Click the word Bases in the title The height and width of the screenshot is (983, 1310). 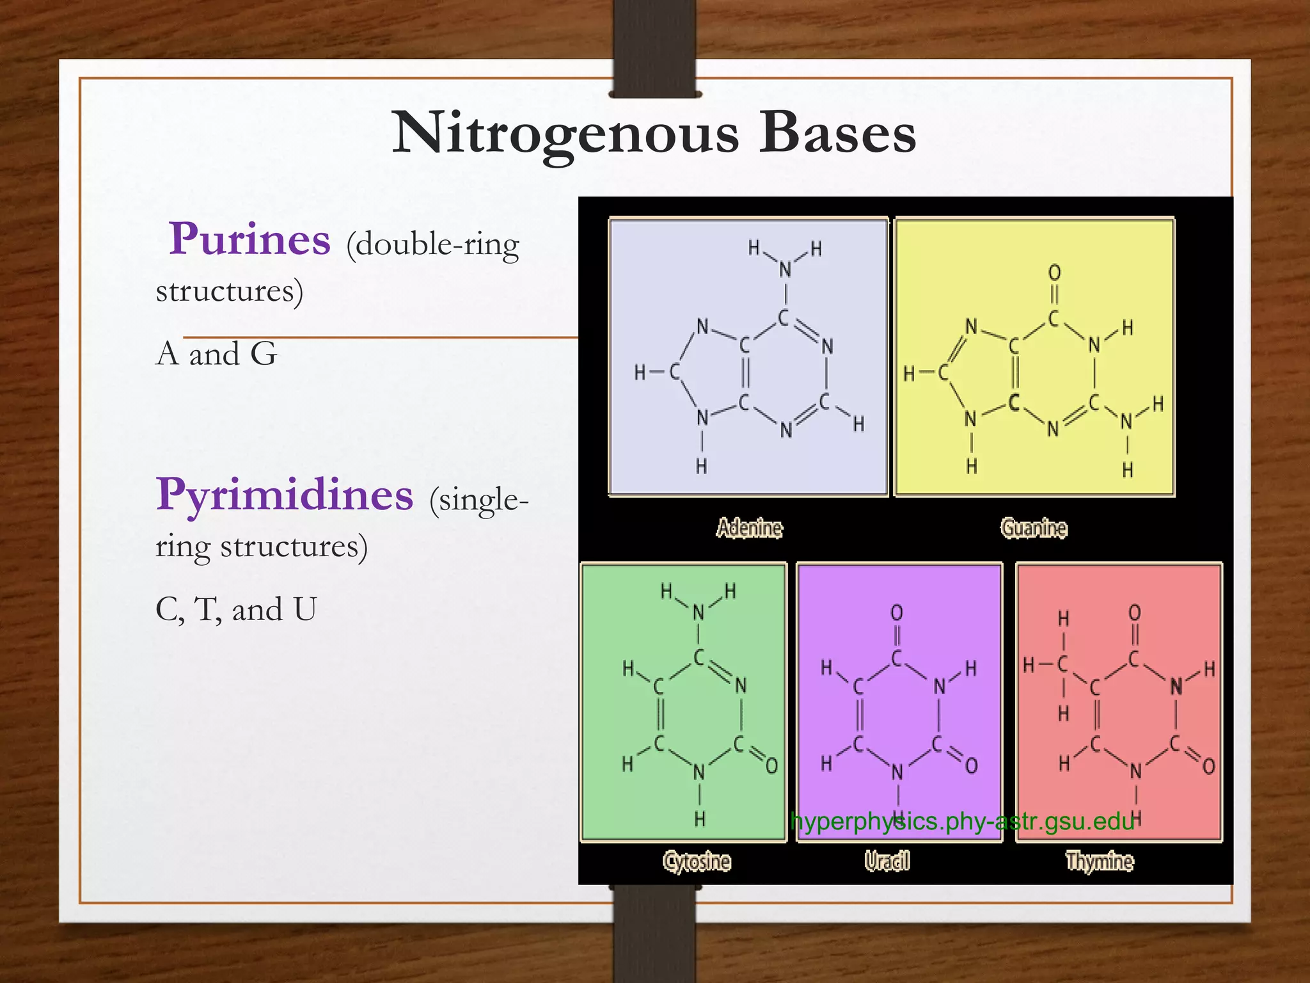pos(837,134)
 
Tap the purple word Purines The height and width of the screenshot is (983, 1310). pos(249,239)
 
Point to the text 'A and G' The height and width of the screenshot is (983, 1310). pos(216,353)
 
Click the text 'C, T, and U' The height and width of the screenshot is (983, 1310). pos(235,609)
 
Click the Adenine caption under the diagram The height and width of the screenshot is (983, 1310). pos(749,528)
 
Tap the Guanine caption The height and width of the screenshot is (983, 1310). pos(1034,528)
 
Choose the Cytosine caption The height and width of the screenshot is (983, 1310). pos(697,861)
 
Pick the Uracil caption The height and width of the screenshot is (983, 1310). pos(887,861)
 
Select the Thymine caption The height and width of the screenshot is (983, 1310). pos(1099,861)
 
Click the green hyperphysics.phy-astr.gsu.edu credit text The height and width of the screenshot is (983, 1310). pos(962,821)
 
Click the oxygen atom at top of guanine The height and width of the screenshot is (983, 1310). pos(1054,273)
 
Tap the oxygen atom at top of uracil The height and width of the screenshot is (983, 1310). pos(897,613)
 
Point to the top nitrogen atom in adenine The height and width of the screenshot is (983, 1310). pos(785,270)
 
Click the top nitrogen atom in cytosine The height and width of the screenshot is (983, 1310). pos(698,613)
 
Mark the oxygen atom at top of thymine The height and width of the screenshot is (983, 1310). pos(1134,613)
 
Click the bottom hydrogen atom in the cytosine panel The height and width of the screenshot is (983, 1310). pos(700,819)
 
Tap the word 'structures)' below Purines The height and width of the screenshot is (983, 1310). pos(229,291)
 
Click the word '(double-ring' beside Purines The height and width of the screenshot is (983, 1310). pos(432,244)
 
